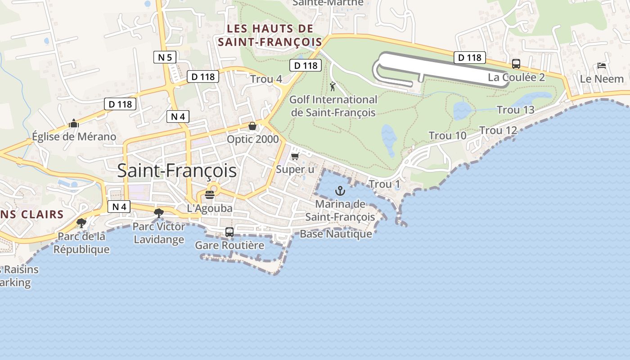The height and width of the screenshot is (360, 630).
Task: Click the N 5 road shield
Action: (165, 57)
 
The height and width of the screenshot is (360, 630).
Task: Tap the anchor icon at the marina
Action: (340, 191)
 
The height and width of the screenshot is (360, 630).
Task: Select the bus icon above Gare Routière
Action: (229, 232)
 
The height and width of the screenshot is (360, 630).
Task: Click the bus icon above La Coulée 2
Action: (516, 64)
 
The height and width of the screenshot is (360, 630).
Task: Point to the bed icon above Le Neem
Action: (602, 66)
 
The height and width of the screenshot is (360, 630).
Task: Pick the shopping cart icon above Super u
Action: (295, 156)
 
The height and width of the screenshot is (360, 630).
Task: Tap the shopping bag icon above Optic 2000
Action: (252, 126)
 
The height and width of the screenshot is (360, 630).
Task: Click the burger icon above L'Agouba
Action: (210, 195)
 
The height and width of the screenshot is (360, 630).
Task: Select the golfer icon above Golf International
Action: (333, 86)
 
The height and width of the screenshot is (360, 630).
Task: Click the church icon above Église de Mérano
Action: (74, 123)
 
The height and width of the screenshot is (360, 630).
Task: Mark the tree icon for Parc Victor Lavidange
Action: (158, 213)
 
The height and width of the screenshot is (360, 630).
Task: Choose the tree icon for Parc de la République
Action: (81, 223)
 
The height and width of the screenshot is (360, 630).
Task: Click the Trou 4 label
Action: (266, 79)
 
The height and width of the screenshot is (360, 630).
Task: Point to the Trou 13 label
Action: (516, 110)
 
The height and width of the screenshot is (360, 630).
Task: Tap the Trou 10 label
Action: (447, 135)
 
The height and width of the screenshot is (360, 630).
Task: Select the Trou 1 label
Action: (384, 184)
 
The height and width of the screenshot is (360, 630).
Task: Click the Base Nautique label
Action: (336, 234)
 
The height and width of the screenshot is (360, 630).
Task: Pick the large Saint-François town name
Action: (177, 171)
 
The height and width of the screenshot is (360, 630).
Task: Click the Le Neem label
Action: (602, 79)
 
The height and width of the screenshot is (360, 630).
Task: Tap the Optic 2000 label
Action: (253, 139)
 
